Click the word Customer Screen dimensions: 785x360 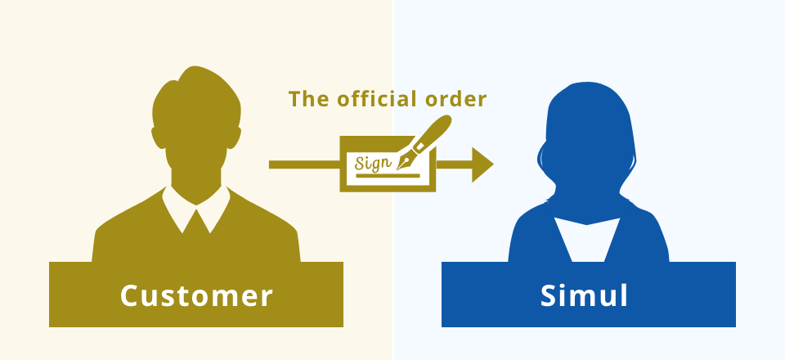pos(196,295)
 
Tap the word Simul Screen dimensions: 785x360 pos(584,295)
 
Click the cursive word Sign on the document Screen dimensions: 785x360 pos(373,163)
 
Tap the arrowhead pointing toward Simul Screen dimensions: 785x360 pos(482,164)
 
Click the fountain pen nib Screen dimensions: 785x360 pos(404,161)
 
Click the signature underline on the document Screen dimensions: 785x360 pos(388,176)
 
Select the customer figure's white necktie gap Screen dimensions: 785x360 pos(195,221)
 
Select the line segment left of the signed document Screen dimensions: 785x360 pos(304,164)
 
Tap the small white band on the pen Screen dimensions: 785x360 pos(420,146)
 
